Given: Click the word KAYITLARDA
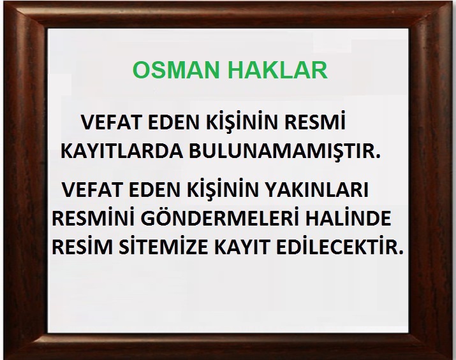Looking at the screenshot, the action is pos(122,151).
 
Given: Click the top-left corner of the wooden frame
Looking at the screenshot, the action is pos(3,3).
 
